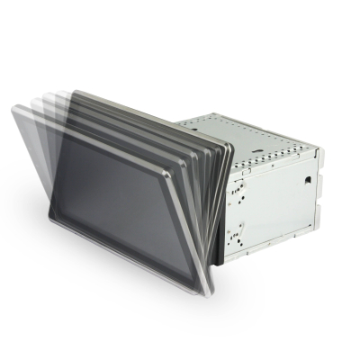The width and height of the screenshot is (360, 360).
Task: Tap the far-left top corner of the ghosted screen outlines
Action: click(13, 107)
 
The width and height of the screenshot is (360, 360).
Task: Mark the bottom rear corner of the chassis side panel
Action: click(314, 220)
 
